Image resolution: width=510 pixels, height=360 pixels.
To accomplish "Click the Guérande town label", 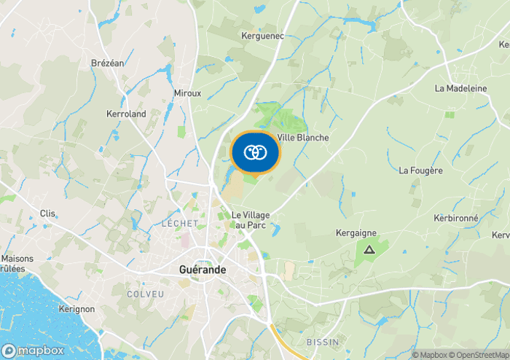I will (203, 270).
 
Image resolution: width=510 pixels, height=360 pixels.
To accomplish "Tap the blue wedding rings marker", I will (255, 152).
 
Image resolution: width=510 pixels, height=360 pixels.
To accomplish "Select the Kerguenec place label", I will (262, 35).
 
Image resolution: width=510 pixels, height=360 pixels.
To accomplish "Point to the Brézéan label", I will (108, 63).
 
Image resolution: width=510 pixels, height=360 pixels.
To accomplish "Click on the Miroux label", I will (187, 93).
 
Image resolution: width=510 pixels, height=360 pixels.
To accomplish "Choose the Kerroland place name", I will (126, 114).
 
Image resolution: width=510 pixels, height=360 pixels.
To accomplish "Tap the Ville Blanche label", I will (303, 138).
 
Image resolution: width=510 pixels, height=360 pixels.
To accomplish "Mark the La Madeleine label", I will (460, 88).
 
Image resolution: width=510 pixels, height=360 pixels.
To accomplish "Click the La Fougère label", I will (420, 171).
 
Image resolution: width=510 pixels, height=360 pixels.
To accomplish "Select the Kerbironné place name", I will (455, 219).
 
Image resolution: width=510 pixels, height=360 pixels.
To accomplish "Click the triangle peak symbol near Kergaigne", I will (369, 250).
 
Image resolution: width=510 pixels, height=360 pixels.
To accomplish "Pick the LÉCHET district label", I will (180, 224).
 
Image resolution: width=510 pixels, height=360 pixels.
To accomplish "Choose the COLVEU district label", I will (145, 294).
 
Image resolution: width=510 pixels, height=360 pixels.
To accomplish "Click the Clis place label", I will (48, 214).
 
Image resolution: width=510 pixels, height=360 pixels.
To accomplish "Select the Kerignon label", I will (76, 309).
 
